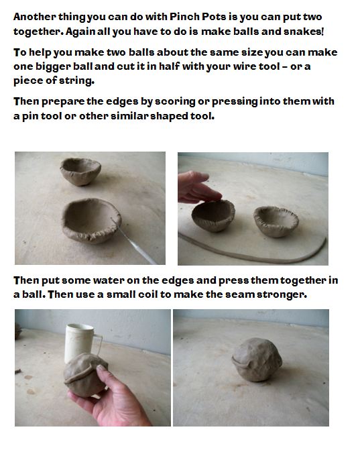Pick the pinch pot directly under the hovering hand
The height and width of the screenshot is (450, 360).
(x=213, y=217)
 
